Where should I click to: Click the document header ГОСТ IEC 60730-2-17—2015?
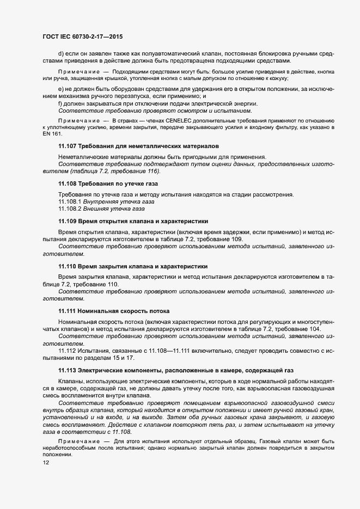[82, 36]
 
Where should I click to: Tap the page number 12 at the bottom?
[46, 463]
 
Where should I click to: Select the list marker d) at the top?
[61, 53]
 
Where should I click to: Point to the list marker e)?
[61, 89]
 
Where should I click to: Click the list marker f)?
[60, 103]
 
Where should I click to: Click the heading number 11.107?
[68, 146]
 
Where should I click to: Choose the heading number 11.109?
[68, 222]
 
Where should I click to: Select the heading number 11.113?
[68, 370]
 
